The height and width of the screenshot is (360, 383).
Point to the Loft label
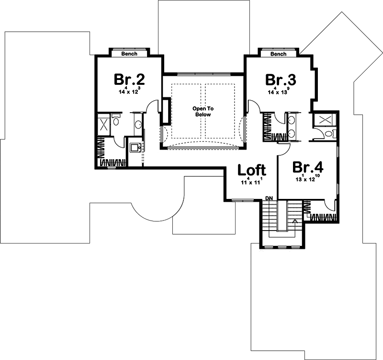coord(252,170)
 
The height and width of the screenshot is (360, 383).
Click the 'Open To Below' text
coord(202,112)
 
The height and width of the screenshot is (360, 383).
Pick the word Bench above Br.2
coord(129,54)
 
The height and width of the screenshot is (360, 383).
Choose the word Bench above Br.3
coord(278,54)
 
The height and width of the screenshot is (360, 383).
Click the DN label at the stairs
coord(270,198)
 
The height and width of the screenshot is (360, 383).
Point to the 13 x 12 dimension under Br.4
coord(308,179)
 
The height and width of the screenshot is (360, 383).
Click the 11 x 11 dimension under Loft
coord(252,182)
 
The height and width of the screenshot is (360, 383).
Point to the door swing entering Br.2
coord(154,106)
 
